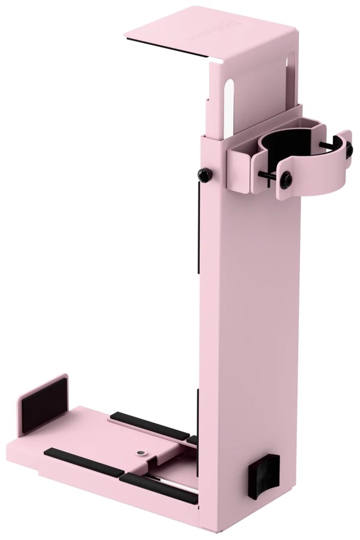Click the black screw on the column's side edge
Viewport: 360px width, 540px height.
pos(205,174)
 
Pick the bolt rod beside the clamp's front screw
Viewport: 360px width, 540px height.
pos(268,176)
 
